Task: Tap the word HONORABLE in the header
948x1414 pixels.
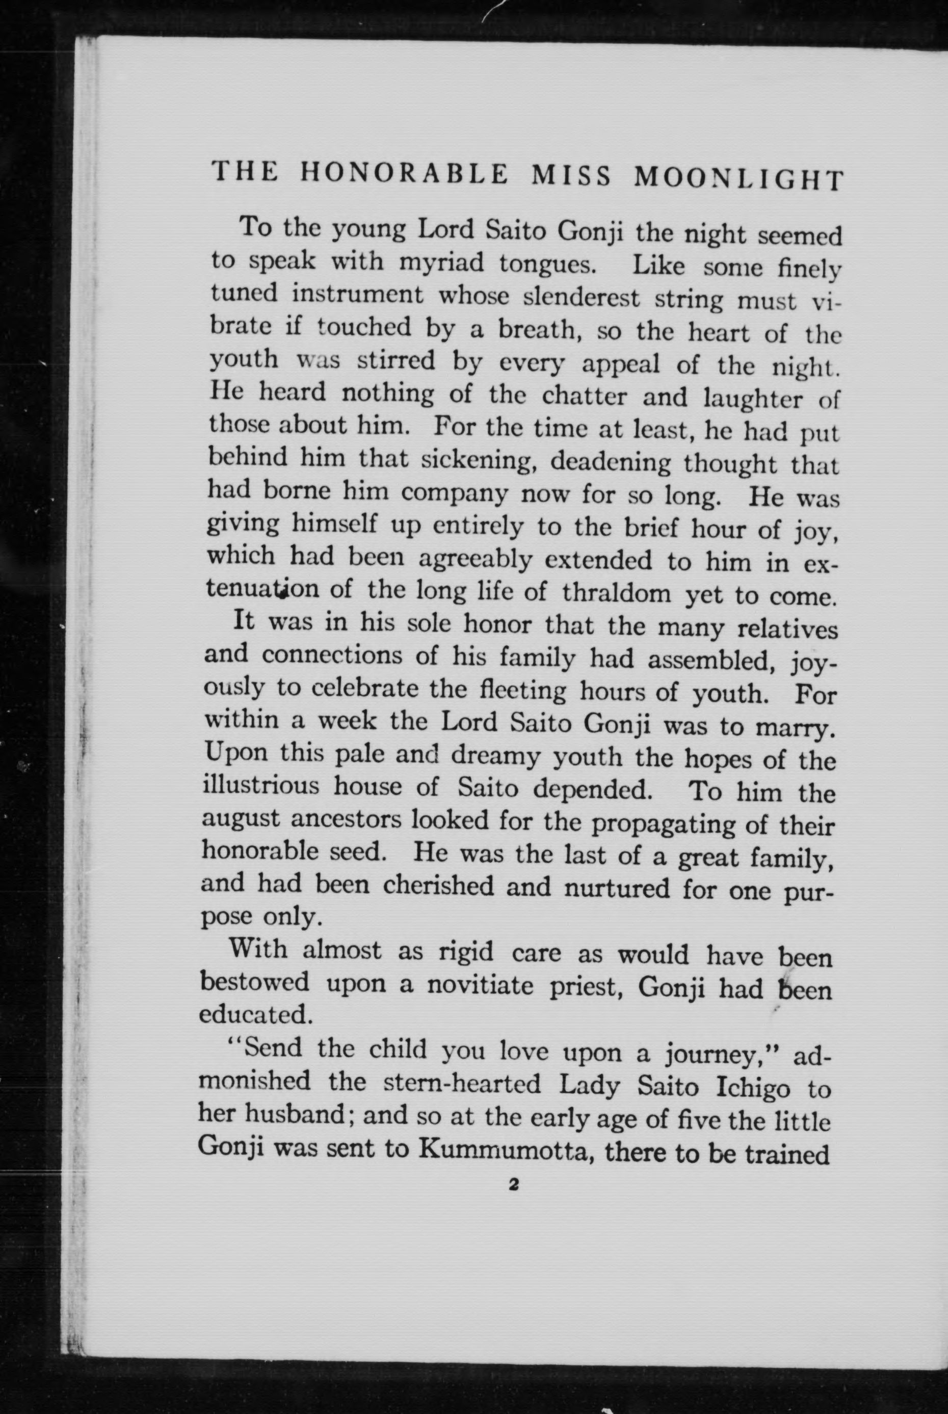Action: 405,175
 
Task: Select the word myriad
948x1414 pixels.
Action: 441,263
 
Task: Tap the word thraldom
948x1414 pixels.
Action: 616,592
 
